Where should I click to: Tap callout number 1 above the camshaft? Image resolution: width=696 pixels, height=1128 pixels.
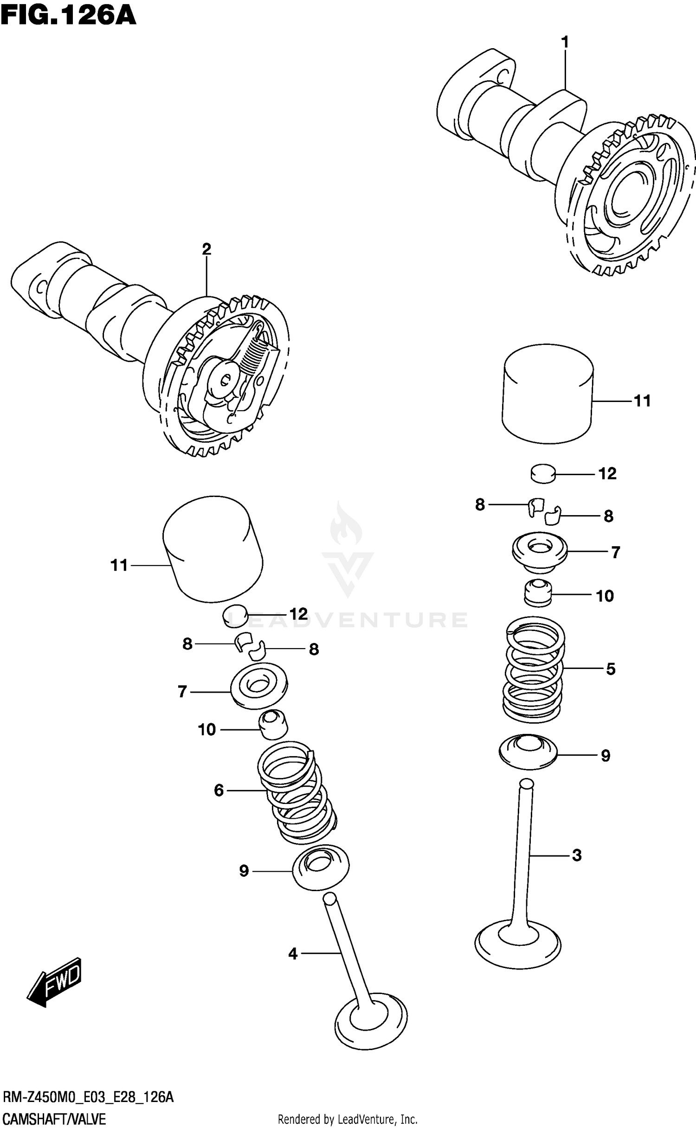(565, 43)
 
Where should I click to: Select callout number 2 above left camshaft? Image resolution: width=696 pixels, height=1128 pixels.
(206, 249)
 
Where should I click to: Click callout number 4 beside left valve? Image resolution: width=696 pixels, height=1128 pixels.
(292, 954)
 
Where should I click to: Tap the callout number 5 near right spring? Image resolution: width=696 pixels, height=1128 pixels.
(611, 669)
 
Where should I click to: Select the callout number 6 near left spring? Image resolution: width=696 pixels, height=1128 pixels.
(219, 790)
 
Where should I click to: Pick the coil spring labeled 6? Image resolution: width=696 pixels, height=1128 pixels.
(297, 793)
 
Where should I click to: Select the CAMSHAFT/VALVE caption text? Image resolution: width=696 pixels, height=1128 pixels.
(55, 1119)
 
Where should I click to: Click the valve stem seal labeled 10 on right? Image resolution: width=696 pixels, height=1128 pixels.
(538, 593)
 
